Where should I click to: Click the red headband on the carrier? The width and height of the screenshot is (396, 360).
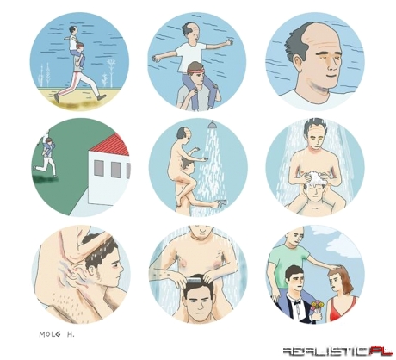195,71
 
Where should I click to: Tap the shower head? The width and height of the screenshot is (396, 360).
212,125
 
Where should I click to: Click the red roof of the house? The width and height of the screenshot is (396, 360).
115,146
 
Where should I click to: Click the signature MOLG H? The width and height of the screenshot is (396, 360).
57,334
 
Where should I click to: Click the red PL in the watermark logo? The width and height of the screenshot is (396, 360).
381,351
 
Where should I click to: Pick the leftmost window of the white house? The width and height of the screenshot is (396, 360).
99,168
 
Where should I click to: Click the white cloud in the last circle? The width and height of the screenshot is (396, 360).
343,245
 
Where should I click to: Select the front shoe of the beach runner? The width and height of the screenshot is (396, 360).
102,98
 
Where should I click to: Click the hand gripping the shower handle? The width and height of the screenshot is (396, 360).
222,202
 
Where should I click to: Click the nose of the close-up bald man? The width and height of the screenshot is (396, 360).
333,65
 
